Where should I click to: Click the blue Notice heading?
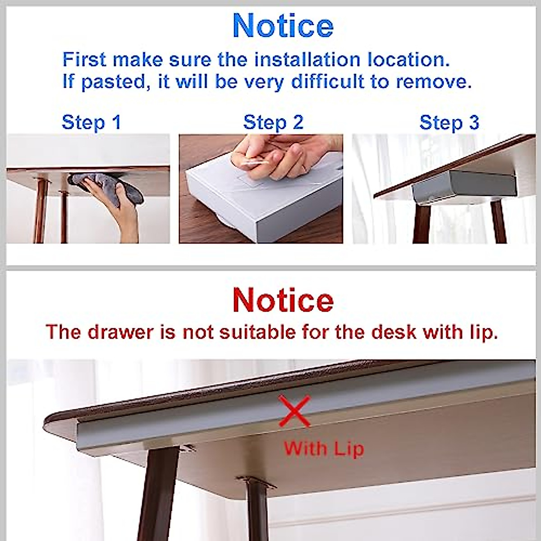pyautogui.click(x=283, y=26)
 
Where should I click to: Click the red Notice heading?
pyautogui.click(x=283, y=300)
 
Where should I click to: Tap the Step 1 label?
pyautogui.click(x=92, y=122)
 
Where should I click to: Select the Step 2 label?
pyautogui.click(x=273, y=122)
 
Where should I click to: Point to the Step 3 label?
pyautogui.click(x=449, y=122)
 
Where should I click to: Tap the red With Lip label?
pyautogui.click(x=323, y=449)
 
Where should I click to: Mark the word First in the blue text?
pyautogui.click(x=84, y=60)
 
